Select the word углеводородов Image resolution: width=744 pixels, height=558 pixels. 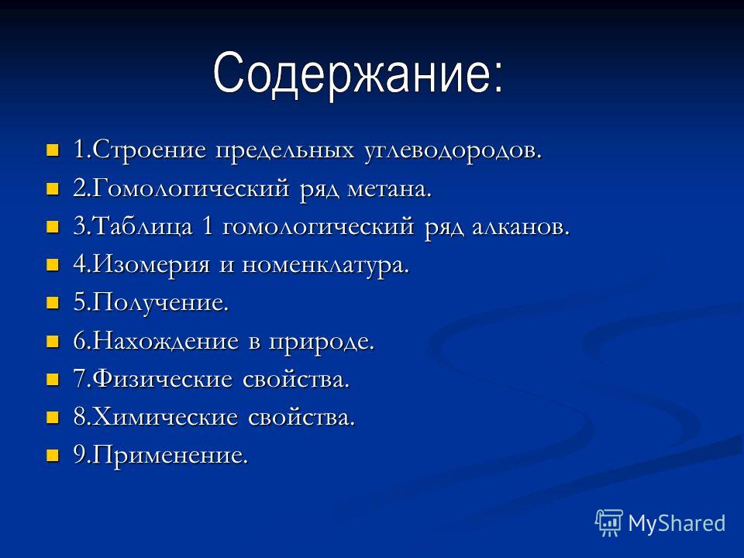(x=453, y=151)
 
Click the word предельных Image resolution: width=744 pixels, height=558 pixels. (x=285, y=151)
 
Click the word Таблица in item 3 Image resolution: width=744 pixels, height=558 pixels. (x=143, y=227)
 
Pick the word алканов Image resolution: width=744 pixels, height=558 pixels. (x=520, y=227)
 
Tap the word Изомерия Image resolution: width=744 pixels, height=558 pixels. (x=151, y=265)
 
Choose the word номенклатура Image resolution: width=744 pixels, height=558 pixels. (x=325, y=266)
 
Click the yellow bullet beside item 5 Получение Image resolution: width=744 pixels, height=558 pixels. (x=52, y=303)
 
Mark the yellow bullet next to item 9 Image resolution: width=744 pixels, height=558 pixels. (x=52, y=456)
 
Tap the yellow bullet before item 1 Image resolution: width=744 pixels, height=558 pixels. (x=52, y=151)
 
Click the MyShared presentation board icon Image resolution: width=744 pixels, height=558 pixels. (x=609, y=523)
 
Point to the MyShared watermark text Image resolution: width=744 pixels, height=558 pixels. (x=677, y=524)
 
